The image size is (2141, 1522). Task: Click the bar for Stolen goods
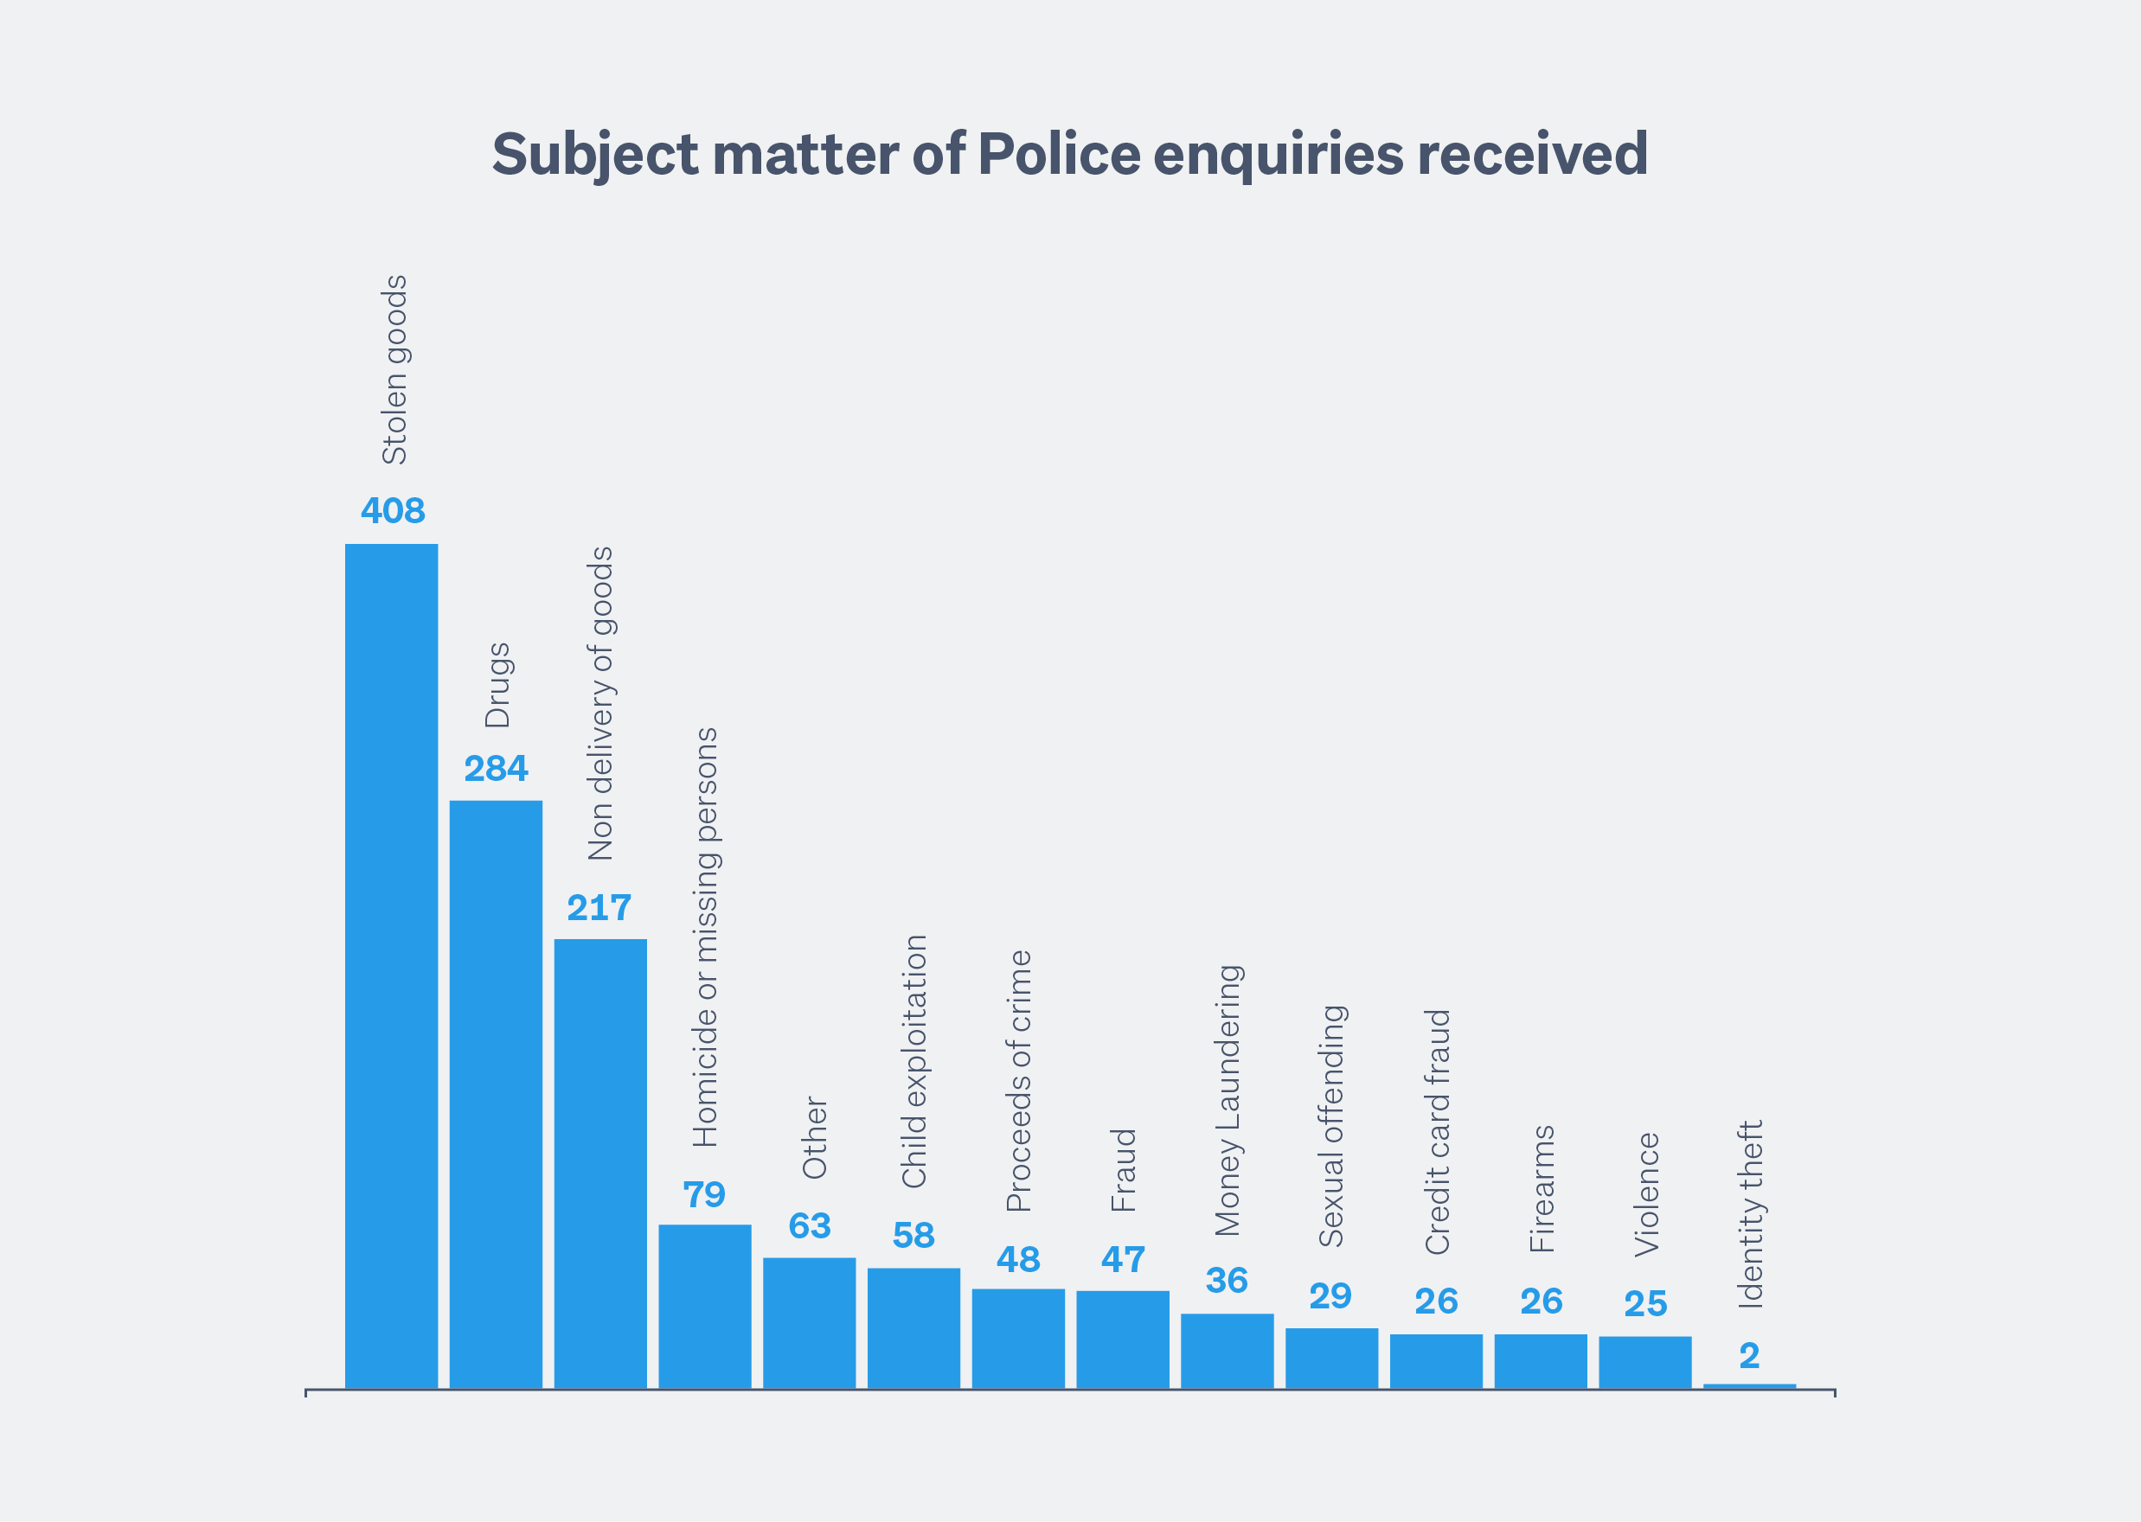[391, 965]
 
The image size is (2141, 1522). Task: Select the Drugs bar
[496, 1094]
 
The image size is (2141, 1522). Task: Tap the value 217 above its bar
[599, 907]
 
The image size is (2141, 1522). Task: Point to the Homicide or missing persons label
[705, 937]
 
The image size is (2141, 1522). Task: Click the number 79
[704, 1195]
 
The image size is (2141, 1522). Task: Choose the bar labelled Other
[809, 1322]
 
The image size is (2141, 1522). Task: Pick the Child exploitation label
[914, 1061]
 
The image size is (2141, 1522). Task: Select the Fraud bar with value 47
[1123, 1340]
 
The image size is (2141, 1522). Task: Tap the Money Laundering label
[1228, 1100]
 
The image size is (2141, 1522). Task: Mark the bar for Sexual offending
[1332, 1358]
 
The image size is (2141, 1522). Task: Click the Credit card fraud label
[1437, 1131]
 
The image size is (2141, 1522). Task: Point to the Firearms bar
[1541, 1361]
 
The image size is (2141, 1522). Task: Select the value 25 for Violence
[1646, 1303]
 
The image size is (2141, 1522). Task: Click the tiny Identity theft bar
[1750, 1386]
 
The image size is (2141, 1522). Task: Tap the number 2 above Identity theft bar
[1749, 1356]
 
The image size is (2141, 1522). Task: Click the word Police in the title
[1058, 154]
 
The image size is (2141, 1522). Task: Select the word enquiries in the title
[1278, 156]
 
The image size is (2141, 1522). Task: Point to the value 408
[393, 511]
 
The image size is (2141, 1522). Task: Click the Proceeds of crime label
[1019, 1081]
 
